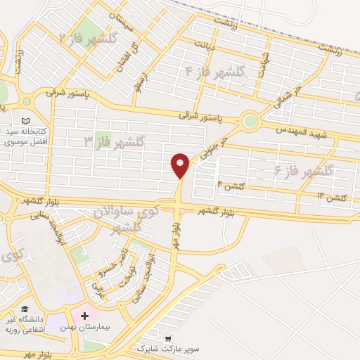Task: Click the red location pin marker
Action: pyautogui.click(x=180, y=165)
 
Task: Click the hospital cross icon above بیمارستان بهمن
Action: pyautogui.click(x=85, y=316)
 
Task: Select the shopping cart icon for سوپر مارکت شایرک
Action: pyautogui.click(x=167, y=336)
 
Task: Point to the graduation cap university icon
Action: pyautogui.click(x=25, y=309)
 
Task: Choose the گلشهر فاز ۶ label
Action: pyautogui.click(x=324, y=170)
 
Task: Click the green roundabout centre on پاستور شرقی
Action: pyautogui.click(x=250, y=121)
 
